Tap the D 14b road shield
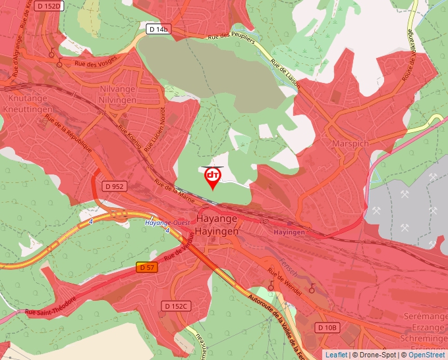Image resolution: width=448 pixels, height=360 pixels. pos(159,29)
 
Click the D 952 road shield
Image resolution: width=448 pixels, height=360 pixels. pos(114,186)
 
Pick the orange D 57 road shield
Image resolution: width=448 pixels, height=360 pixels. pos(147,267)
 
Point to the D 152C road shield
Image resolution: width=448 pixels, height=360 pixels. pos(176,306)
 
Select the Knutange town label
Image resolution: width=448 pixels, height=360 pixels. pos(27,98)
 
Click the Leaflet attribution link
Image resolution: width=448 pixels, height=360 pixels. pos(335,355)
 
